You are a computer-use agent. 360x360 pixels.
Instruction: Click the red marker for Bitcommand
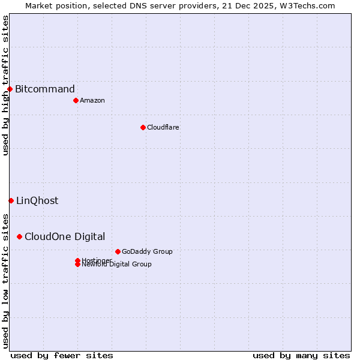10,89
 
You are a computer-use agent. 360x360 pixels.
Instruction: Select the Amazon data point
76,100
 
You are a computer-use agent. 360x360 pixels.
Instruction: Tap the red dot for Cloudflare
143,127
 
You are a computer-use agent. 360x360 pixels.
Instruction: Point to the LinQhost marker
11,200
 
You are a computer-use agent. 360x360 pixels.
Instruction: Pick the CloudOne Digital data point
20,236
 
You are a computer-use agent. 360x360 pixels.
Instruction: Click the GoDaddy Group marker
118,251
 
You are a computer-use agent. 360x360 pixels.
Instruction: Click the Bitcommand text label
45,89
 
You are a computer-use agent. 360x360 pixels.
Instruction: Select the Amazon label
92,100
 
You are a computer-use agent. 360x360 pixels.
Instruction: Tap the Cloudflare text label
163,127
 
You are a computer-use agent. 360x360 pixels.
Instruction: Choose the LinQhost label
37,200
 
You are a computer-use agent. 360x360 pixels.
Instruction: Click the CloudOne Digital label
65,236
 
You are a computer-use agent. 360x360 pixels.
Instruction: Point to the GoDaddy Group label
147,251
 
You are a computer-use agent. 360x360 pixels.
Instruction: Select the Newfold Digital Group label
117,265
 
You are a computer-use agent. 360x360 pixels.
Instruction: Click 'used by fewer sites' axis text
62,355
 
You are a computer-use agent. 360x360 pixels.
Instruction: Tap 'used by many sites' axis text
301,355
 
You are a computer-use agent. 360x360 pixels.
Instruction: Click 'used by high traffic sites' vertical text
5,85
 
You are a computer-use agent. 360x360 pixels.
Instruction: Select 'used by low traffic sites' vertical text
5,280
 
